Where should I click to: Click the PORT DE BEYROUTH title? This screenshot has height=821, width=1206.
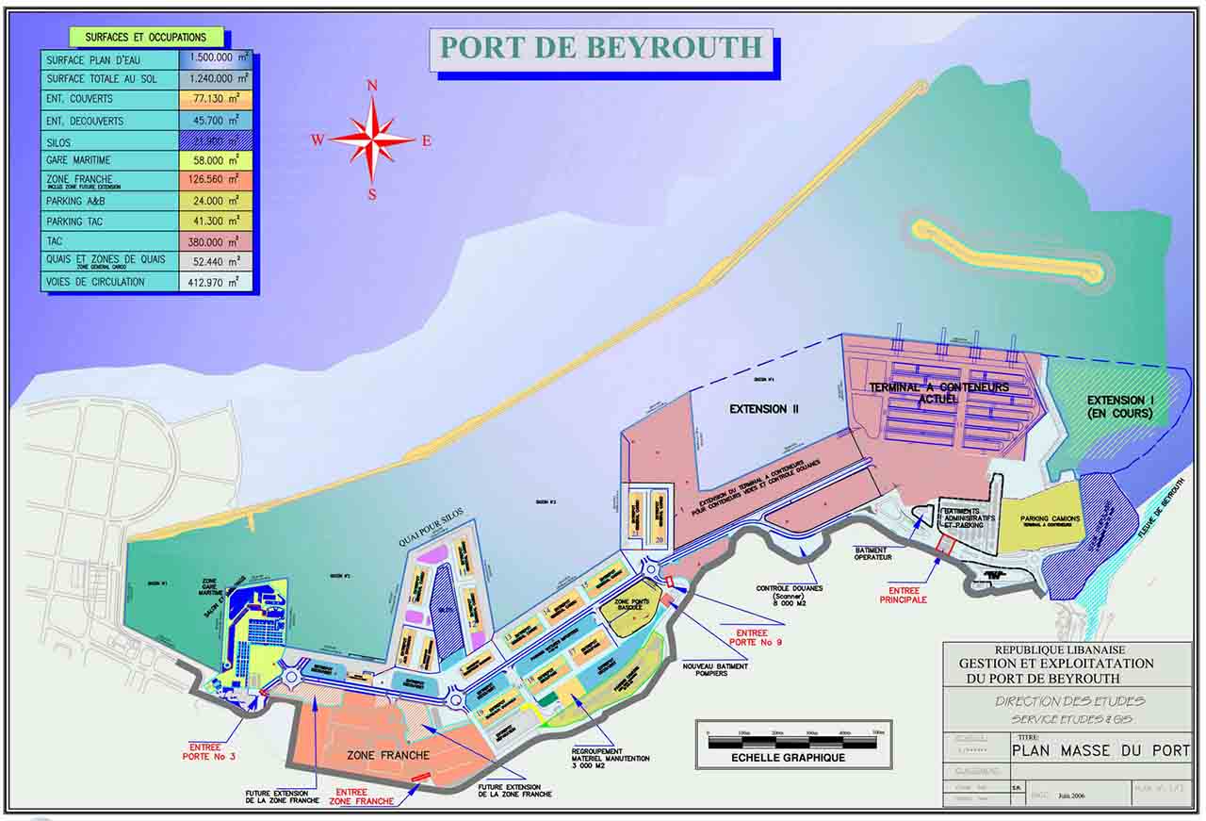tap(601, 48)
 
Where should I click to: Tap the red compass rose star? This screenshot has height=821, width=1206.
tap(372, 140)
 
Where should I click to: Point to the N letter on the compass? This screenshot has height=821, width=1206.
tap(372, 86)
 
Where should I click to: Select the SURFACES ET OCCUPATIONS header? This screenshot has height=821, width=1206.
tap(145, 38)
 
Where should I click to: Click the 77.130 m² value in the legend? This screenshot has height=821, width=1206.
tap(216, 99)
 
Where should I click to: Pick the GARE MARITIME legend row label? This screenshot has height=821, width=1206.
tap(78, 161)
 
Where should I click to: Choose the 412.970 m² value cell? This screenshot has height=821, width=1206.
tap(216, 282)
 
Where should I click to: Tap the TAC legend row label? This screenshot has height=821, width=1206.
tap(55, 241)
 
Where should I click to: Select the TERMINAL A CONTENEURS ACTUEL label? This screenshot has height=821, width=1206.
tap(938, 393)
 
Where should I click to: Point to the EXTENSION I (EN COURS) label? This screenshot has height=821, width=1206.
tap(1118, 406)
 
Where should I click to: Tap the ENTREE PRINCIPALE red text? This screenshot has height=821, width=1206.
tap(904, 594)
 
